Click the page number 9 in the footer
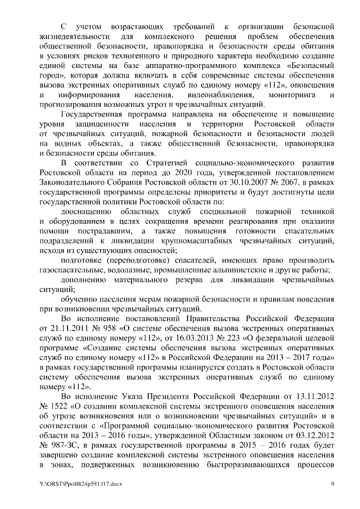pos(332,484)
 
